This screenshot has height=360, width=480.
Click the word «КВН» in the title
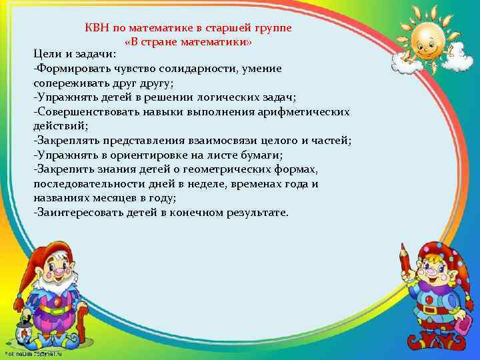click(x=97, y=29)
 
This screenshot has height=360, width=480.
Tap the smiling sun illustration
click(x=431, y=39)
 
